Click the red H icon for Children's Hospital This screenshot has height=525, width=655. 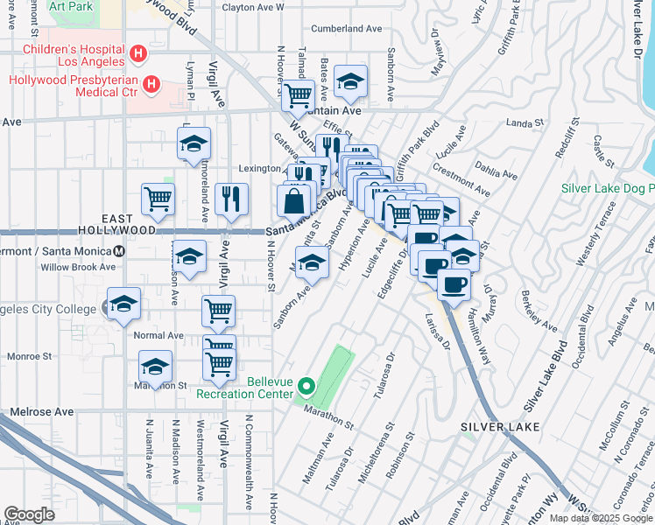(137, 54)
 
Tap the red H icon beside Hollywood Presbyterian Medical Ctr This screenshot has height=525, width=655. (151, 85)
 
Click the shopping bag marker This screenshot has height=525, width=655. (292, 201)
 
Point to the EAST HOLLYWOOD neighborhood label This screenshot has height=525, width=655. (129, 224)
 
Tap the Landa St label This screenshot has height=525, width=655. (525, 123)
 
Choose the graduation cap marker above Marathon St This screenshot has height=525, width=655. (155, 366)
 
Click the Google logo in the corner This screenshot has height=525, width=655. (29, 514)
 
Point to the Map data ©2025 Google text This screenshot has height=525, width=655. (602, 518)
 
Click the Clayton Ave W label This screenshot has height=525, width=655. (254, 7)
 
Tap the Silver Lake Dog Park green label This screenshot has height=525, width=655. (607, 188)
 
